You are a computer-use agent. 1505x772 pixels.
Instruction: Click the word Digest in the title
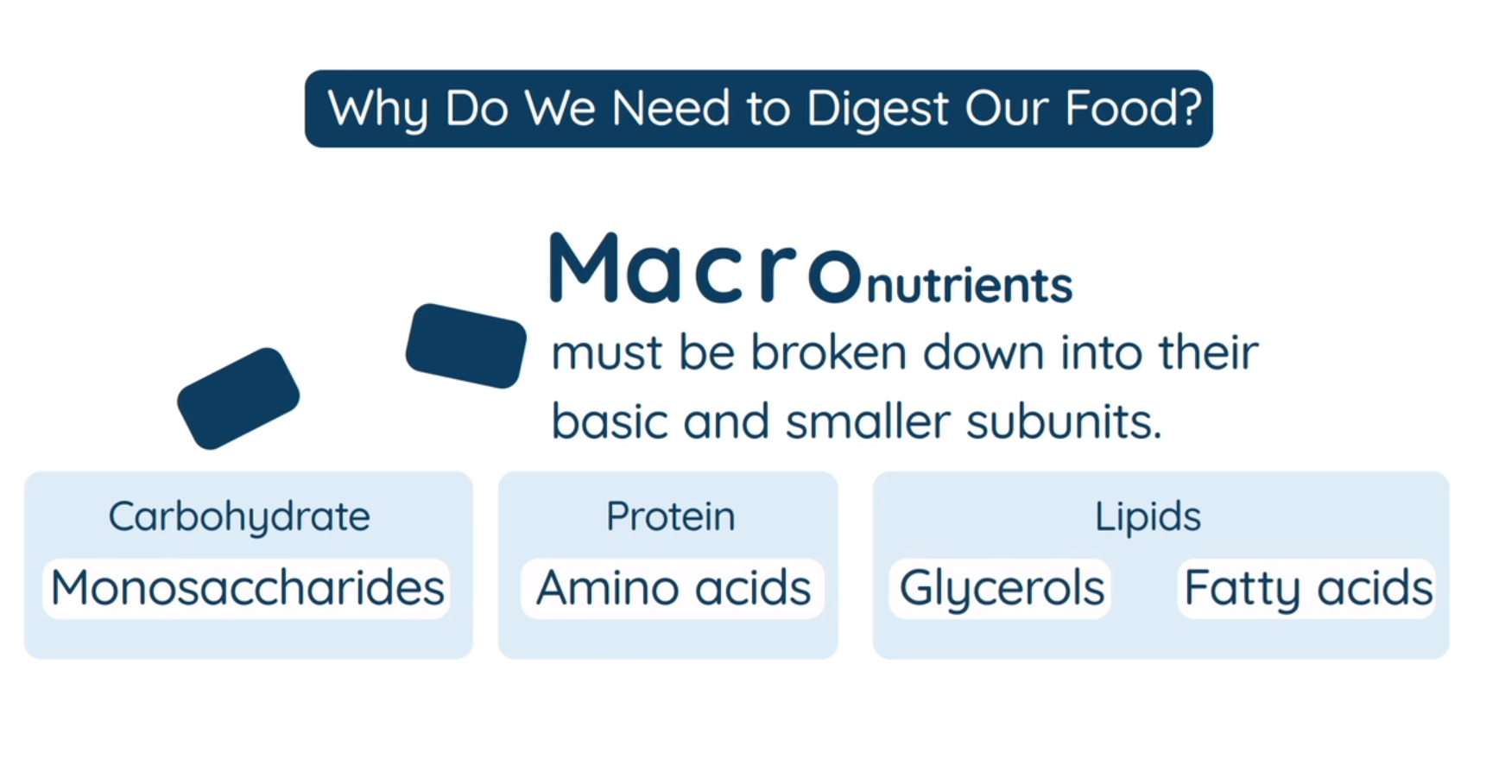pyautogui.click(x=877, y=111)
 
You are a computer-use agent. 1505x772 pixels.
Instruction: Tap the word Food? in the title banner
pyautogui.click(x=1133, y=108)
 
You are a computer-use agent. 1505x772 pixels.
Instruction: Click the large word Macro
pyautogui.click(x=705, y=268)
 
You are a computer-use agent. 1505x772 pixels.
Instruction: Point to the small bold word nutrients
pyautogui.click(x=970, y=285)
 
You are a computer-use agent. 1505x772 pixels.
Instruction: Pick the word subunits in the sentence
pyautogui.click(x=1064, y=421)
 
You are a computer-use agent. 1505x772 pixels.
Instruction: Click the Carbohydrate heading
pyautogui.click(x=239, y=518)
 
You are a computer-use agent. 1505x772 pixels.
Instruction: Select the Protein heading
pyautogui.click(x=671, y=516)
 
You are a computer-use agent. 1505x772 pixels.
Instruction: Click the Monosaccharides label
pyautogui.click(x=247, y=588)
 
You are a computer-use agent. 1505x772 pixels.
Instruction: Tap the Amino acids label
pyautogui.click(x=673, y=588)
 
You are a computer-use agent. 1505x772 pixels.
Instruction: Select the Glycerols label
pyautogui.click(x=1001, y=588)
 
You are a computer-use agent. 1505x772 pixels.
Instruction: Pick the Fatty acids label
pyautogui.click(x=1307, y=588)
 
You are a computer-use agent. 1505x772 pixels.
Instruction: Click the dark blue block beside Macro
pyautogui.click(x=466, y=345)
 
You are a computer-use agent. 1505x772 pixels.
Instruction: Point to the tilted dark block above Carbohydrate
pyautogui.click(x=238, y=398)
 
